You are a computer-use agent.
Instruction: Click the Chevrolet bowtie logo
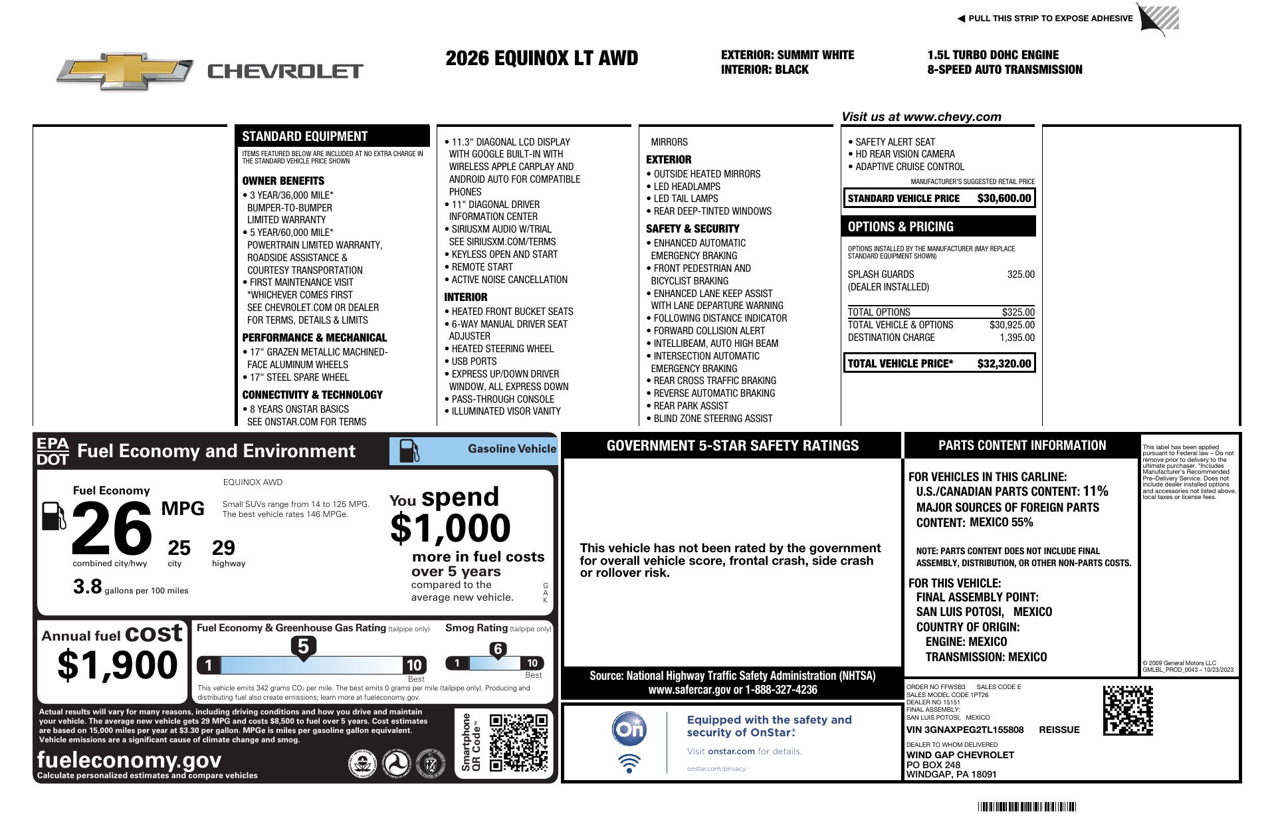[x=124, y=70]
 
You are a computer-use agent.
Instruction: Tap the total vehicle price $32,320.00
[x=1004, y=363]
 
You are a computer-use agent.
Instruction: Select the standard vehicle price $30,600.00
[x=1004, y=198]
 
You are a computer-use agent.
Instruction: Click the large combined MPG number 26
[x=112, y=529]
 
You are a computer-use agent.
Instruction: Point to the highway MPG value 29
[x=223, y=548]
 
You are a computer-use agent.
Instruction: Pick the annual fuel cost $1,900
[x=118, y=665]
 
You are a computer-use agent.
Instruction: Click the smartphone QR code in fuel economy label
[x=518, y=743]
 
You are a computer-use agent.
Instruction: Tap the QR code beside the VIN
[x=1128, y=711]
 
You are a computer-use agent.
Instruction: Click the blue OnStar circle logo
[x=629, y=729]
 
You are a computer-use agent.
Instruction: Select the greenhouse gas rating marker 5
[x=303, y=647]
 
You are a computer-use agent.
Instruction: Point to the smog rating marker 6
[x=498, y=649]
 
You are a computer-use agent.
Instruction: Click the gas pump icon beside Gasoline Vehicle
[x=409, y=451]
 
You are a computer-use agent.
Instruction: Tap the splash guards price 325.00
[x=1020, y=274]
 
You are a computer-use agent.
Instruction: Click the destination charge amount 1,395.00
[x=1017, y=338]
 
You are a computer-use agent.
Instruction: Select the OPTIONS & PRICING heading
[x=901, y=227]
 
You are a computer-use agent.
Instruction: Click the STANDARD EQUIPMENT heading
[x=304, y=136]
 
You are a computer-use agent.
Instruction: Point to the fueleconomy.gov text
[x=129, y=760]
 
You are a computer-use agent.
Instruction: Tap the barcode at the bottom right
[x=1027, y=807]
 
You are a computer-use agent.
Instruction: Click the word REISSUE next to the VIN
[x=1059, y=730]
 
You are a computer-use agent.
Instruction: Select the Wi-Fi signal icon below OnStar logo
[x=629, y=764]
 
